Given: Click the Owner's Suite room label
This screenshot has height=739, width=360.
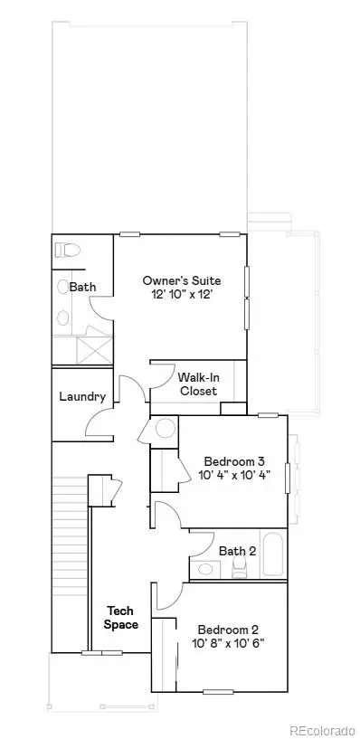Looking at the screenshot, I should pos(181,280).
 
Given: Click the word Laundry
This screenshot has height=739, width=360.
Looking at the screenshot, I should pos(82,396).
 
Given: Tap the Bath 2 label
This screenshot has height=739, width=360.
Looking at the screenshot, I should pos(237,549).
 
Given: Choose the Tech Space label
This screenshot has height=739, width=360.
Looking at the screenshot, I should pos(120,618).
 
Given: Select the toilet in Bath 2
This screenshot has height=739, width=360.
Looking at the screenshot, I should pos(240,568).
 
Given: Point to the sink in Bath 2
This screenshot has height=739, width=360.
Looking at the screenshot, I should pos(206,569).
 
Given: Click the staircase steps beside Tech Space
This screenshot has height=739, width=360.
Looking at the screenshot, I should pos(71,561).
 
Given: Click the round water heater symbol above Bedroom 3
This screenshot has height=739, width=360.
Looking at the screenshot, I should pos(166,428).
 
